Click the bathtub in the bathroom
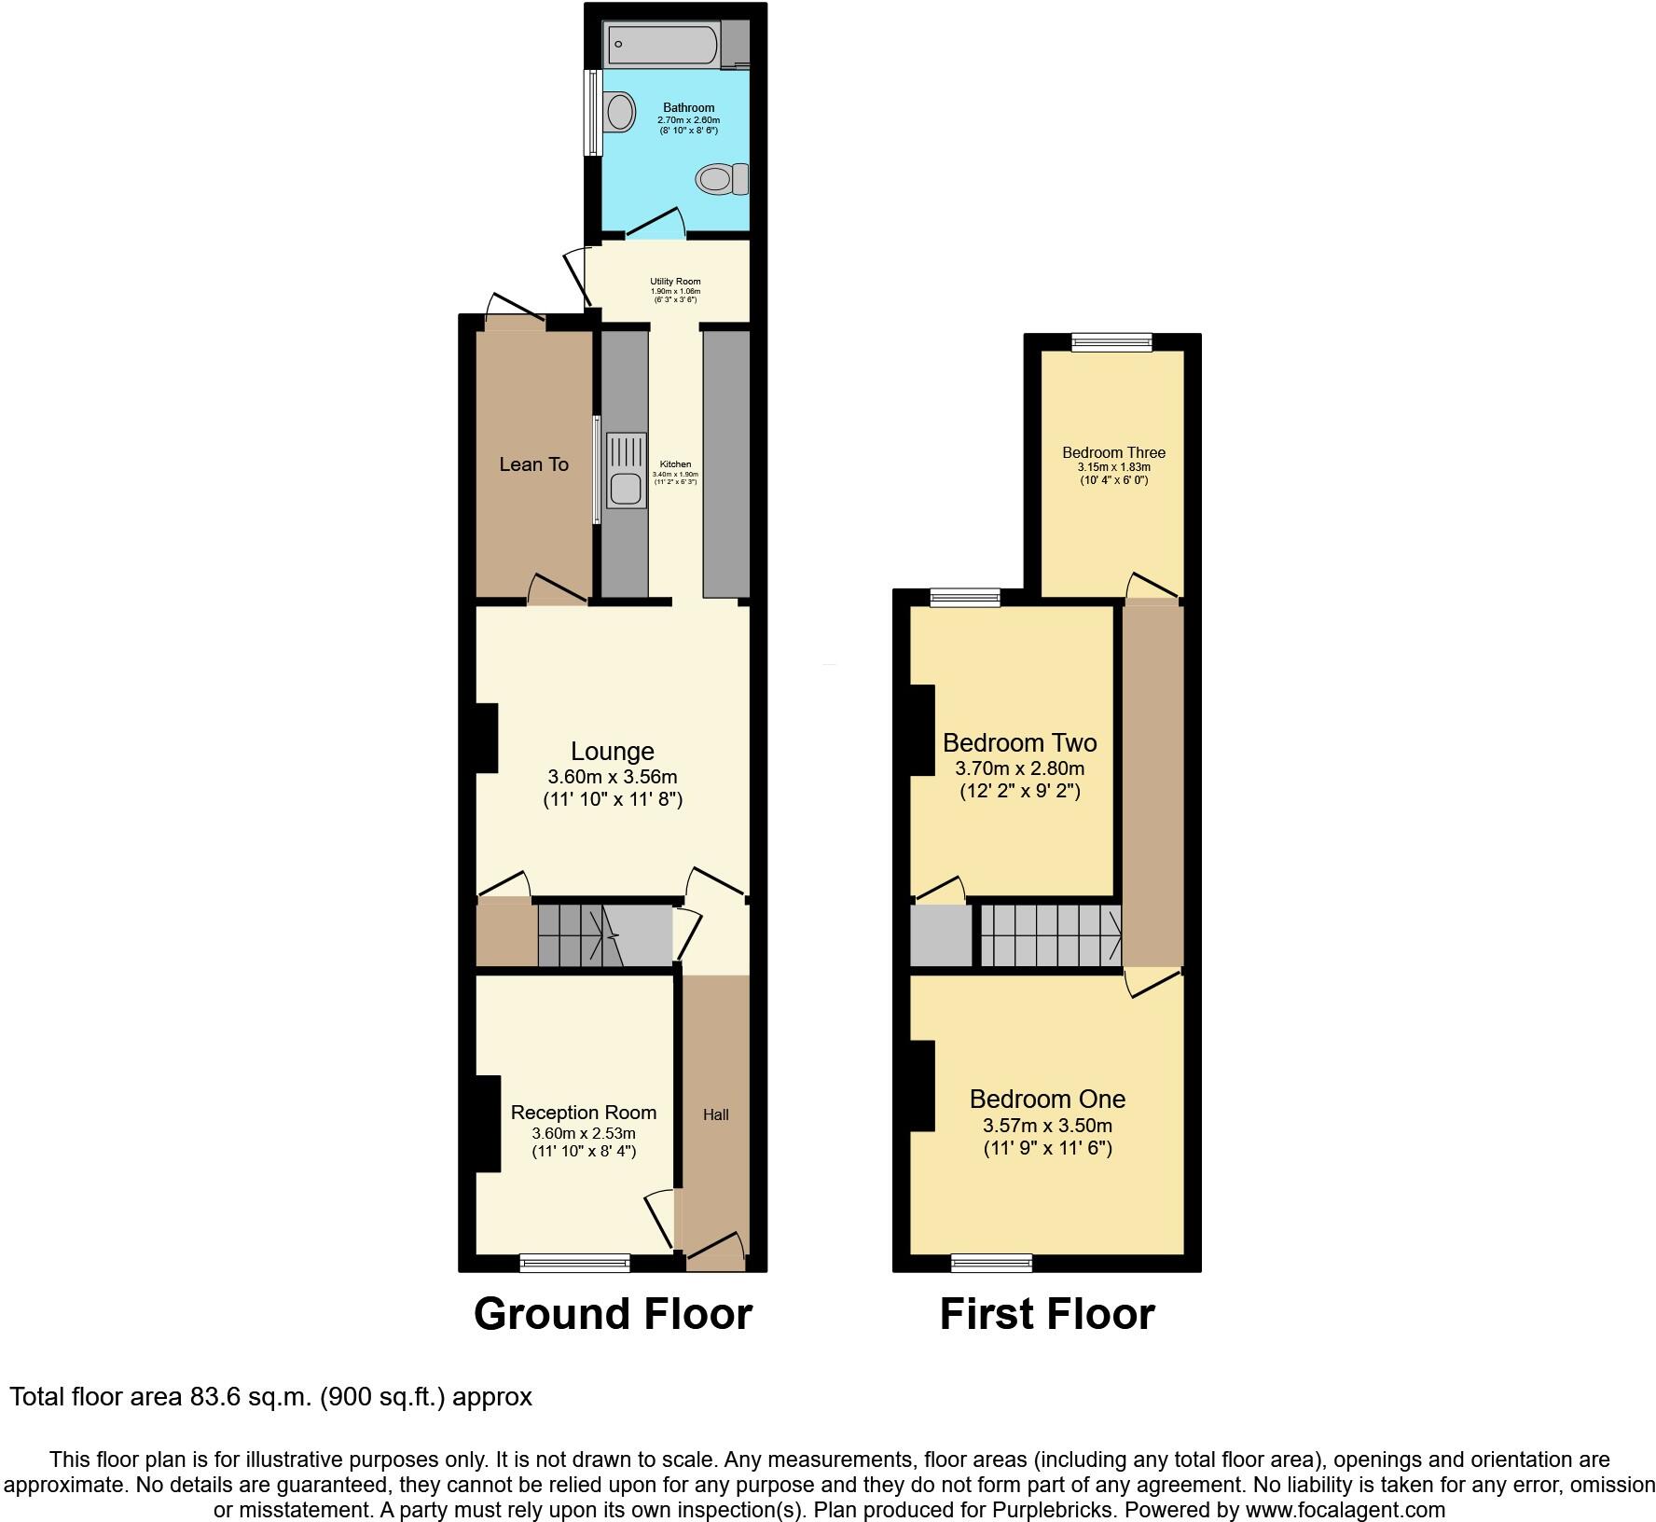[662, 43]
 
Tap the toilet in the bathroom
[724, 178]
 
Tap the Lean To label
[533, 464]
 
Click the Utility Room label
[675, 282]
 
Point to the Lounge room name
[613, 751]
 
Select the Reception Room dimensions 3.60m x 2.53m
[584, 1133]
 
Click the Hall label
[716, 1114]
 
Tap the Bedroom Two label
[1019, 743]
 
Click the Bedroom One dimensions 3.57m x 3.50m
[1047, 1126]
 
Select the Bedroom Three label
[1113, 453]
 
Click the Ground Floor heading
[613, 1314]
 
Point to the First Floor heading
[1046, 1314]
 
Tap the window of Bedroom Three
[1111, 342]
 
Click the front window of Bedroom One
[991, 1263]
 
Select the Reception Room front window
[574, 1263]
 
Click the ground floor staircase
[578, 935]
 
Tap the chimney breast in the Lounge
[486, 738]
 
